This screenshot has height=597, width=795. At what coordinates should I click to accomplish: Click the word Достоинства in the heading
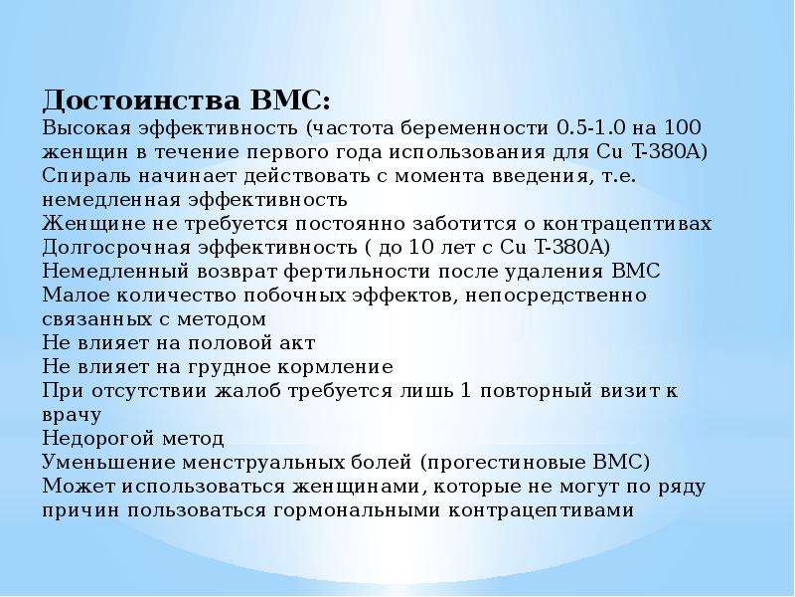(141, 101)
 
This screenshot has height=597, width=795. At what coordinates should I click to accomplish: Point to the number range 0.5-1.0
(591, 127)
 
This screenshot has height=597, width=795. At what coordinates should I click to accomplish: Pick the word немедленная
(111, 200)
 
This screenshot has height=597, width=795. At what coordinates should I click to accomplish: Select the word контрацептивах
(628, 224)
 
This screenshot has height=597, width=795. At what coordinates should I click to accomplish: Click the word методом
(222, 319)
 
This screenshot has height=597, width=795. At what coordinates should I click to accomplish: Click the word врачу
(72, 415)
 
